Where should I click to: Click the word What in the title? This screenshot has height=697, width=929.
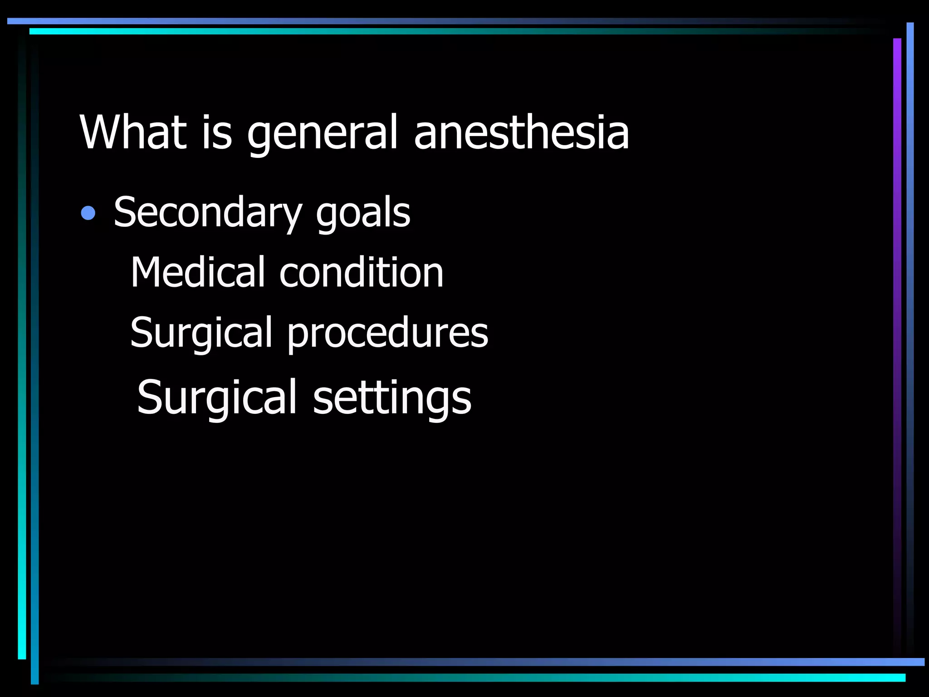click(x=133, y=132)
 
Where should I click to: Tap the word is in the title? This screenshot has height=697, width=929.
click(x=217, y=132)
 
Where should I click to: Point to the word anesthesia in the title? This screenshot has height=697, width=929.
click(x=521, y=132)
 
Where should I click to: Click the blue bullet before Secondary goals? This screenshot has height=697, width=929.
click(x=88, y=213)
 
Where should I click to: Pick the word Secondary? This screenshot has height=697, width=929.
click(x=208, y=213)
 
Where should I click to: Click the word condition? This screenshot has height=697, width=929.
click(x=362, y=272)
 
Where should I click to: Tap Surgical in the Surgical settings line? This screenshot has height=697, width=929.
click(x=217, y=398)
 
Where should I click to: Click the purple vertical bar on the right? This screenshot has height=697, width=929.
click(x=897, y=318)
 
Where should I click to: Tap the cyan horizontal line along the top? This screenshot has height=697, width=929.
click(x=408, y=31)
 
